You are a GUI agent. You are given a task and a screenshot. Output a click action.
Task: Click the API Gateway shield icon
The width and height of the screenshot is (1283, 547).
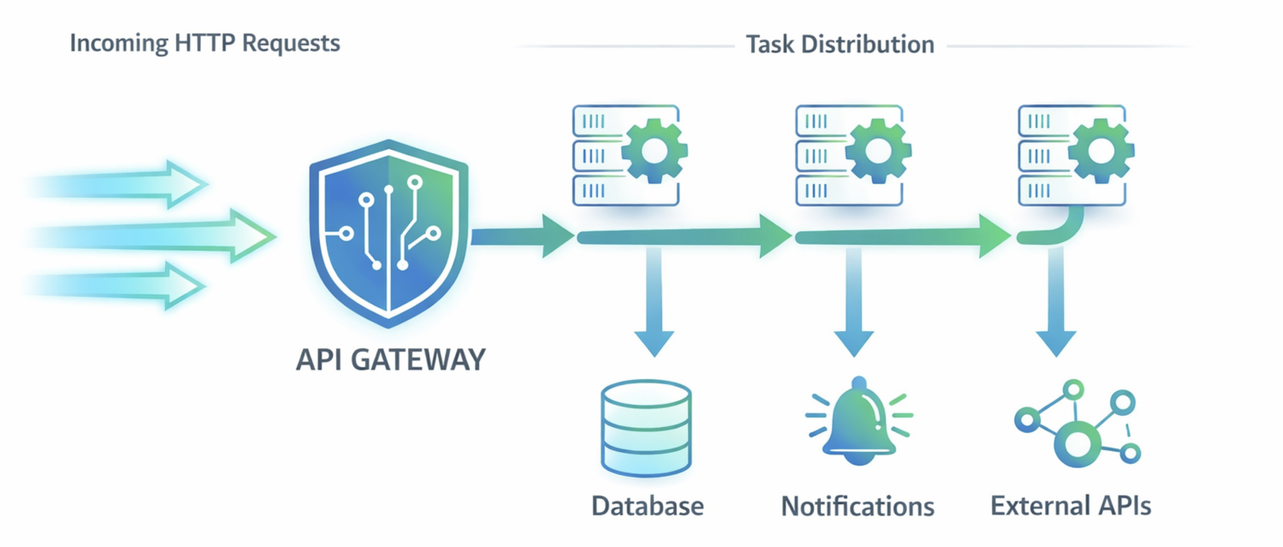[388, 234]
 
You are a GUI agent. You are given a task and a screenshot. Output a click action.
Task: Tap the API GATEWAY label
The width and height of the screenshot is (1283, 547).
[390, 360]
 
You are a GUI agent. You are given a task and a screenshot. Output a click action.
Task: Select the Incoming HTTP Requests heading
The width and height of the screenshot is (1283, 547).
[205, 43]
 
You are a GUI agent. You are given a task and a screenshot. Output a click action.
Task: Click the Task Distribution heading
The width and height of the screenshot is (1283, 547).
[840, 44]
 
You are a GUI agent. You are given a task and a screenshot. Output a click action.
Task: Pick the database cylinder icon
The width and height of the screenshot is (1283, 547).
[646, 428]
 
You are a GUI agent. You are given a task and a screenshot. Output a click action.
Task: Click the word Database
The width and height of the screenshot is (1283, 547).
[647, 506]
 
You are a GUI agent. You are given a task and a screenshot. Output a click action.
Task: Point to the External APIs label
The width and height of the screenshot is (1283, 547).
[1071, 506]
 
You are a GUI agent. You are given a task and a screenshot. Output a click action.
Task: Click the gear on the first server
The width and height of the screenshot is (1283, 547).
[654, 151]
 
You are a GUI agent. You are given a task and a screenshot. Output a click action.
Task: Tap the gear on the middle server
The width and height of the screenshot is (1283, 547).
[878, 151]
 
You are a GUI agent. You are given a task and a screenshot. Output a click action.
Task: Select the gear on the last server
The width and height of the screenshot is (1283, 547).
[1101, 151]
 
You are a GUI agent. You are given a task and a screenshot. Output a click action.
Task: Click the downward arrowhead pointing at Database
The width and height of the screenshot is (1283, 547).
[654, 343]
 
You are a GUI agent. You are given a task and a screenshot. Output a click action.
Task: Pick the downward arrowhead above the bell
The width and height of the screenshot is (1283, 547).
[854, 343]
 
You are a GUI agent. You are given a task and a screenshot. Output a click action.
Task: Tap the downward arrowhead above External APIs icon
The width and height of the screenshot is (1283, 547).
[1056, 343]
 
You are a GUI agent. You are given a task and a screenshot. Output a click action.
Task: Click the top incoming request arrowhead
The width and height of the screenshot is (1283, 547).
[187, 184]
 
